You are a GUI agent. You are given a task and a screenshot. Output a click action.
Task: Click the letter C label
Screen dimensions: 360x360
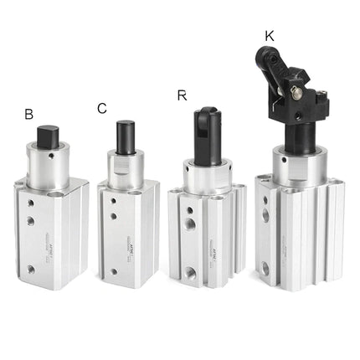point(101,108)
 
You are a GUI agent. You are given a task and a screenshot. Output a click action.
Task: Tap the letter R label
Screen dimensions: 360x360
point(182,95)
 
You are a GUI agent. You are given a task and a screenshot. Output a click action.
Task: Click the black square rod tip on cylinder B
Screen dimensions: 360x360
point(49,136)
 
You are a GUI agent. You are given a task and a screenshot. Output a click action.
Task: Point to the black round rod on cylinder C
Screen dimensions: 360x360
point(126,137)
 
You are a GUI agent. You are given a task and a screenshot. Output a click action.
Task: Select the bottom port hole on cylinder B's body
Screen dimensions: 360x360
point(31,270)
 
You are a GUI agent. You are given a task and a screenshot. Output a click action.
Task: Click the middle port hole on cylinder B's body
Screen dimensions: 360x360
point(31,221)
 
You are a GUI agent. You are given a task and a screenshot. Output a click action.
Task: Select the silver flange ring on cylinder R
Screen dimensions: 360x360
point(208,177)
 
